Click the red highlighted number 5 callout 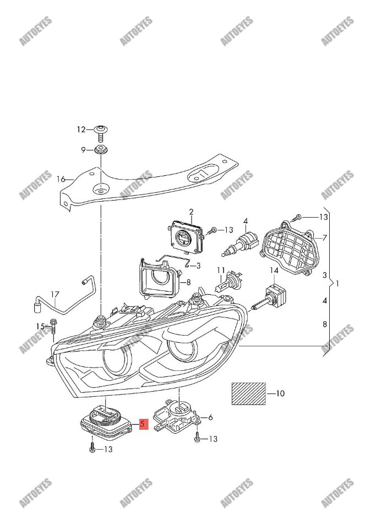(143, 424)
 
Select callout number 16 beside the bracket (61, 179)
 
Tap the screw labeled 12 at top (101, 133)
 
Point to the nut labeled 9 (101, 150)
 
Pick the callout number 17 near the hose (55, 294)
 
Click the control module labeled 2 (187, 236)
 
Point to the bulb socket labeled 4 (242, 245)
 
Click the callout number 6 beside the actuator (210, 418)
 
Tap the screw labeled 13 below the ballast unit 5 (91, 449)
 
